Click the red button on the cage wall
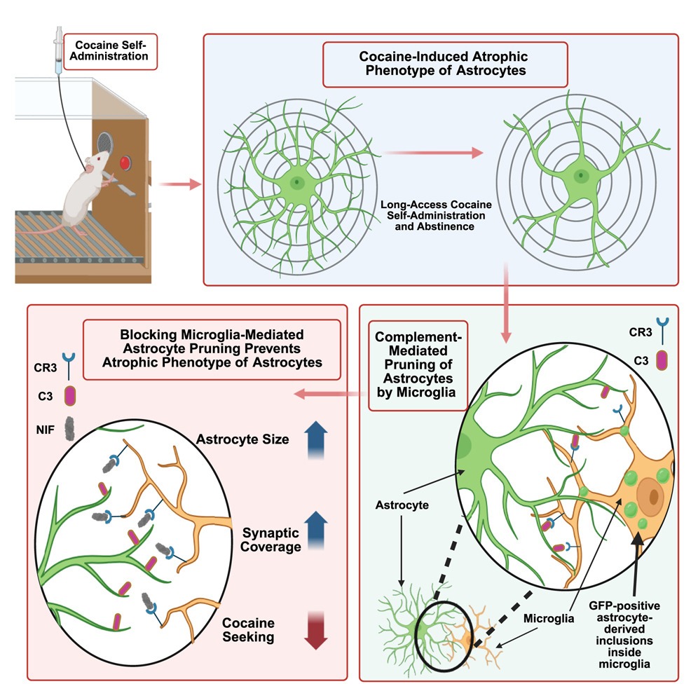click(x=125, y=163)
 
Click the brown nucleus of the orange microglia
click(x=655, y=496)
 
